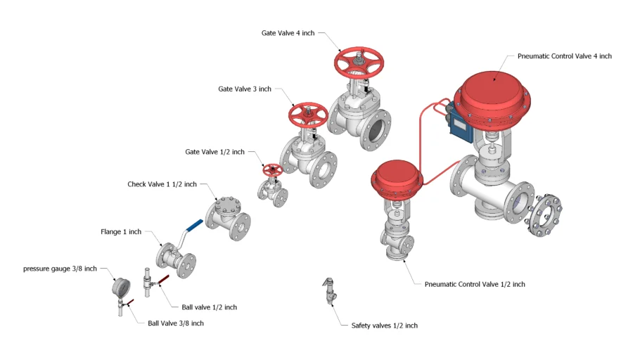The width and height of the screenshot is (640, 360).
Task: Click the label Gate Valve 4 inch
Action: click(288, 33)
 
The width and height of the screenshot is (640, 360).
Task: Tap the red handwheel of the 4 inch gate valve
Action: click(359, 63)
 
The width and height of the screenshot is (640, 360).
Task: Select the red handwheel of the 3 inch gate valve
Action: click(308, 114)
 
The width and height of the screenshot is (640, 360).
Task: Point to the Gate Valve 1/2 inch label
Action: click(215, 152)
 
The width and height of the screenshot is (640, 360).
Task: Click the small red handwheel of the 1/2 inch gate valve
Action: click(272, 170)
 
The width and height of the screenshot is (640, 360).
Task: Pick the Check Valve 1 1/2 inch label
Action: click(162, 184)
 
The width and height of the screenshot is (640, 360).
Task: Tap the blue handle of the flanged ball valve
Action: click(193, 226)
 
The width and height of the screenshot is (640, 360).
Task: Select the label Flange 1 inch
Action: click(121, 232)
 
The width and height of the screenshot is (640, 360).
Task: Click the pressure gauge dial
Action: click(122, 288)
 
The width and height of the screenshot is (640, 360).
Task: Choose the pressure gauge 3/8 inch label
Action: click(60, 269)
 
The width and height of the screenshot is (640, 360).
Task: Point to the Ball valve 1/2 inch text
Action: click(209, 307)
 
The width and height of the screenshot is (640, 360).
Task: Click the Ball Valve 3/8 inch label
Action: click(176, 323)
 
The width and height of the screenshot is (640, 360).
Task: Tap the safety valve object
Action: click(328, 290)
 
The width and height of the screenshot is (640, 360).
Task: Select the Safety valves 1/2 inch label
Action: click(384, 326)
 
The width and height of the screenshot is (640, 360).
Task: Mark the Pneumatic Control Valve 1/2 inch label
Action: click(475, 285)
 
